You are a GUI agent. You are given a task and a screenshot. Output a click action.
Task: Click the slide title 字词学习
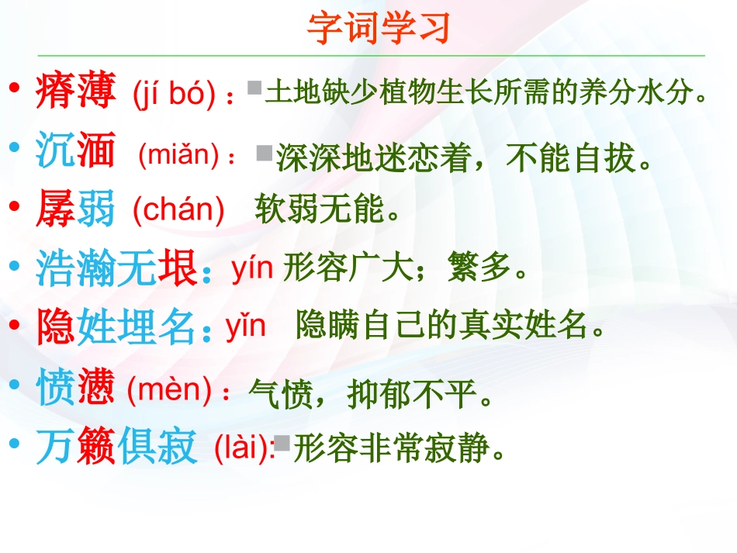(379, 29)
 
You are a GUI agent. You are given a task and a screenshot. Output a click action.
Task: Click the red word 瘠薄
(76, 91)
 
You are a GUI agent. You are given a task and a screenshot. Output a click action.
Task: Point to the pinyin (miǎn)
(179, 155)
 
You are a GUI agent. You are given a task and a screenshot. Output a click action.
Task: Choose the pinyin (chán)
(178, 209)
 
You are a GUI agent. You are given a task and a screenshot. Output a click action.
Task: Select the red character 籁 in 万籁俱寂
(96, 448)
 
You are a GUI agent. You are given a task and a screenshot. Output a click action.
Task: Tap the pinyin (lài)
(243, 448)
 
